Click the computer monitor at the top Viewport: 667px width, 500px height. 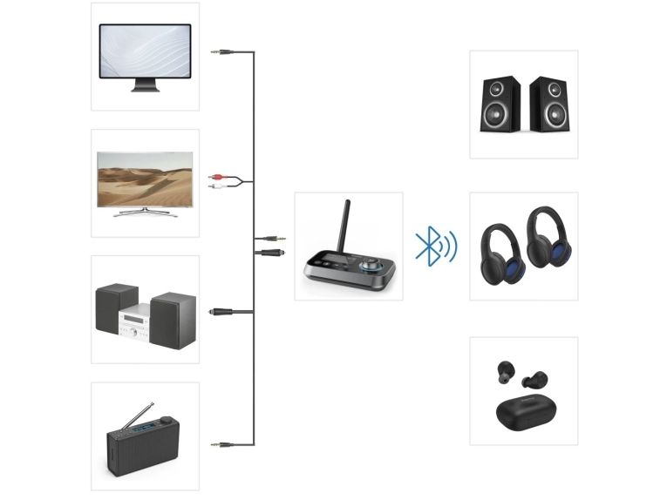(x=145, y=52)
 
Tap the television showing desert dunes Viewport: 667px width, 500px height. (x=145, y=179)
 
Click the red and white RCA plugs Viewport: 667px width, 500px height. (x=219, y=181)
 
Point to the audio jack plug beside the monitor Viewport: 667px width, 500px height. (x=222, y=52)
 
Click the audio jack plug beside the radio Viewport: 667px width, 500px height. (x=222, y=444)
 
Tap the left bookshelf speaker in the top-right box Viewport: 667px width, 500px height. (x=500, y=104)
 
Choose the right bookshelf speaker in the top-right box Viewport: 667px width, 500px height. (x=548, y=104)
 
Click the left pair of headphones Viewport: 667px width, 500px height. (x=503, y=253)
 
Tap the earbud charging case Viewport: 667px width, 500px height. (x=523, y=409)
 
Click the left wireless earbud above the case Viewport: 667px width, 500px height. (x=506, y=373)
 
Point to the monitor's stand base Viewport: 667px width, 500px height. (x=145, y=88)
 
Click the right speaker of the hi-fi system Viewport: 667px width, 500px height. (x=173, y=320)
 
